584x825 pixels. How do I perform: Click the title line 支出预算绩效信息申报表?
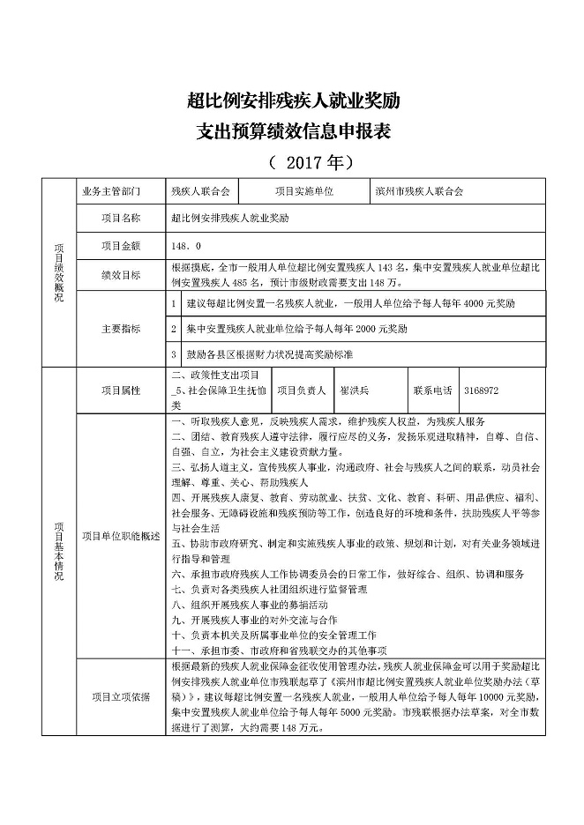coord(293,132)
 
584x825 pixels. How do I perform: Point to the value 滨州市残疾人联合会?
coord(418,190)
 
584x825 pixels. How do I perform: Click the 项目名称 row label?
coord(121,217)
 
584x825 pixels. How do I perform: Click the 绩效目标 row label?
coord(121,275)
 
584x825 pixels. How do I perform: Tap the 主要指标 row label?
coord(121,329)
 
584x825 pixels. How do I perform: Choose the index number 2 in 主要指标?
coord(174,329)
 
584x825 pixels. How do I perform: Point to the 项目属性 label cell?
coord(121,390)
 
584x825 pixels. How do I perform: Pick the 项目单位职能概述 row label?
coord(121,535)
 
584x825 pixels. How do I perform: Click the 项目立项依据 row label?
coord(121,697)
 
